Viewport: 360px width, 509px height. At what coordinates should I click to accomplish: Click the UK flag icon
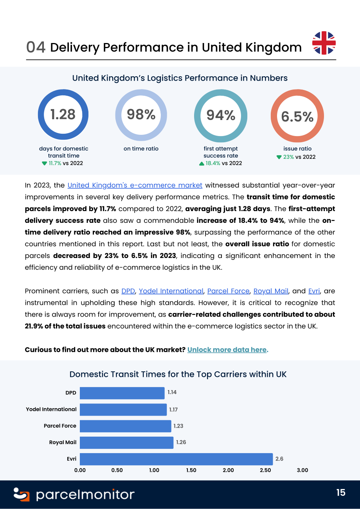[324, 43]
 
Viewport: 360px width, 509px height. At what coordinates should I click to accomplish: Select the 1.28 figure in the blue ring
[63, 114]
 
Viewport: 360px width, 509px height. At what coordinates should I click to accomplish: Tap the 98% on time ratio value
[141, 114]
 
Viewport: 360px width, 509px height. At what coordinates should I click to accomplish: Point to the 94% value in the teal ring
[221, 115]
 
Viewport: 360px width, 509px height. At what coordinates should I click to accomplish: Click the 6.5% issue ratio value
[297, 116]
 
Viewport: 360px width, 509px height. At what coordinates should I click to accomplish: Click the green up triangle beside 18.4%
[202, 163]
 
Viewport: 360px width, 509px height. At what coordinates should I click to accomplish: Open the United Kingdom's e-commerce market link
[135, 185]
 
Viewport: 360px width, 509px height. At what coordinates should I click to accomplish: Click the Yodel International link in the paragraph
[171, 291]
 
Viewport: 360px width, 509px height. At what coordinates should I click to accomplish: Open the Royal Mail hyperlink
[271, 291]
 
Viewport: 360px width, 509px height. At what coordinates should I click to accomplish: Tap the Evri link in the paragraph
[314, 291]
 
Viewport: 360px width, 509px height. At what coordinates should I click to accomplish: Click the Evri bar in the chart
[176, 459]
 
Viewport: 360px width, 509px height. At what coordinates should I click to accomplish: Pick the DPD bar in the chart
[122, 393]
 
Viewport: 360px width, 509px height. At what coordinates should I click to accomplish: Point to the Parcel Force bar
[126, 426]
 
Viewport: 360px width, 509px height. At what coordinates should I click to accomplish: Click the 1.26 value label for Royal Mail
[181, 442]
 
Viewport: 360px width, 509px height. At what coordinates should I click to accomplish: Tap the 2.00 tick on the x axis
[228, 470]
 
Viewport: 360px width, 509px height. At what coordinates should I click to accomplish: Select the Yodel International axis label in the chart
[51, 409]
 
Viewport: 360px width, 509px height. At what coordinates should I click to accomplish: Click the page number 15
[341, 493]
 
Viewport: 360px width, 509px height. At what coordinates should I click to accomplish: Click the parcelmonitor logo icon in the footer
[22, 495]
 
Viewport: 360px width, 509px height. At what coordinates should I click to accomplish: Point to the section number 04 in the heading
[36, 47]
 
